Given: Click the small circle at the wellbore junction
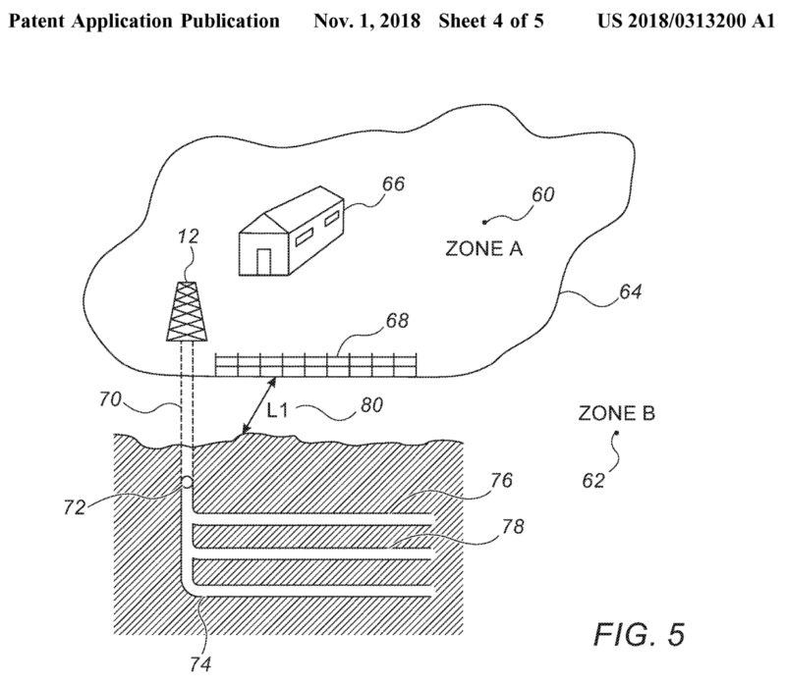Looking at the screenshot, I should (x=186, y=483).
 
